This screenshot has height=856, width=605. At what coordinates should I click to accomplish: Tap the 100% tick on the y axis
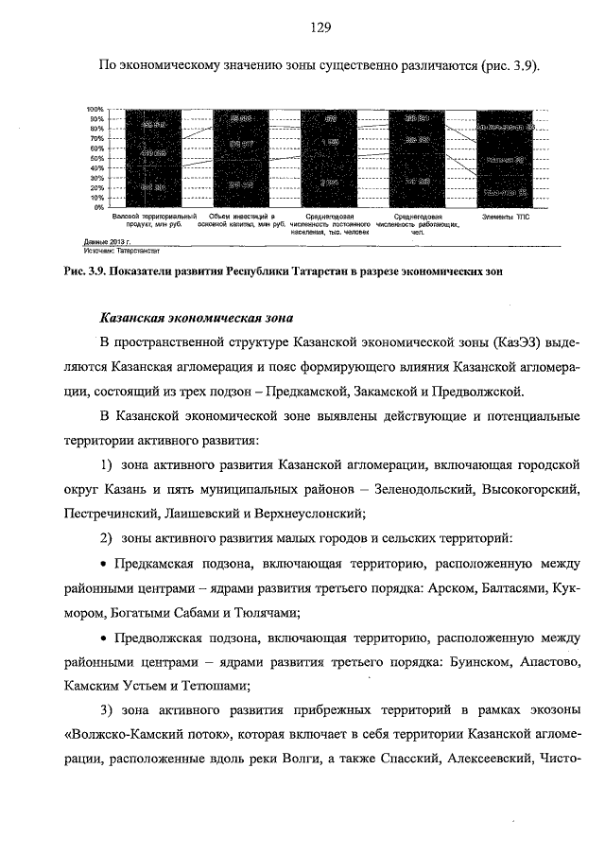pyautogui.click(x=95, y=110)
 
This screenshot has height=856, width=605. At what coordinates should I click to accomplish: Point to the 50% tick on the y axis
pyautogui.click(x=96, y=158)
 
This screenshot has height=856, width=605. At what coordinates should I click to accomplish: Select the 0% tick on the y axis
pyautogui.click(x=98, y=206)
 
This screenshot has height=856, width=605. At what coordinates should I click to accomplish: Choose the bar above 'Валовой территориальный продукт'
pyautogui.click(x=152, y=157)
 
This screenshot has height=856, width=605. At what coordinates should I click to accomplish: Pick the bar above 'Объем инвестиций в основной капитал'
pyautogui.click(x=240, y=157)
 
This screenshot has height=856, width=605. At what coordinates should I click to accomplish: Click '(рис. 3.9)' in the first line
pyautogui.click(x=509, y=66)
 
